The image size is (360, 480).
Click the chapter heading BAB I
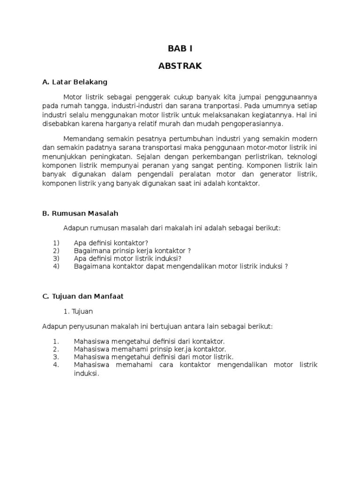(180, 48)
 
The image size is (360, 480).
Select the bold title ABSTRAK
(180, 66)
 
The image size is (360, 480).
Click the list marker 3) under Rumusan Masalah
(57, 258)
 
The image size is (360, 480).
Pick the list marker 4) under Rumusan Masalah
(57, 266)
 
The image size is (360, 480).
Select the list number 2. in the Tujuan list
(56, 349)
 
